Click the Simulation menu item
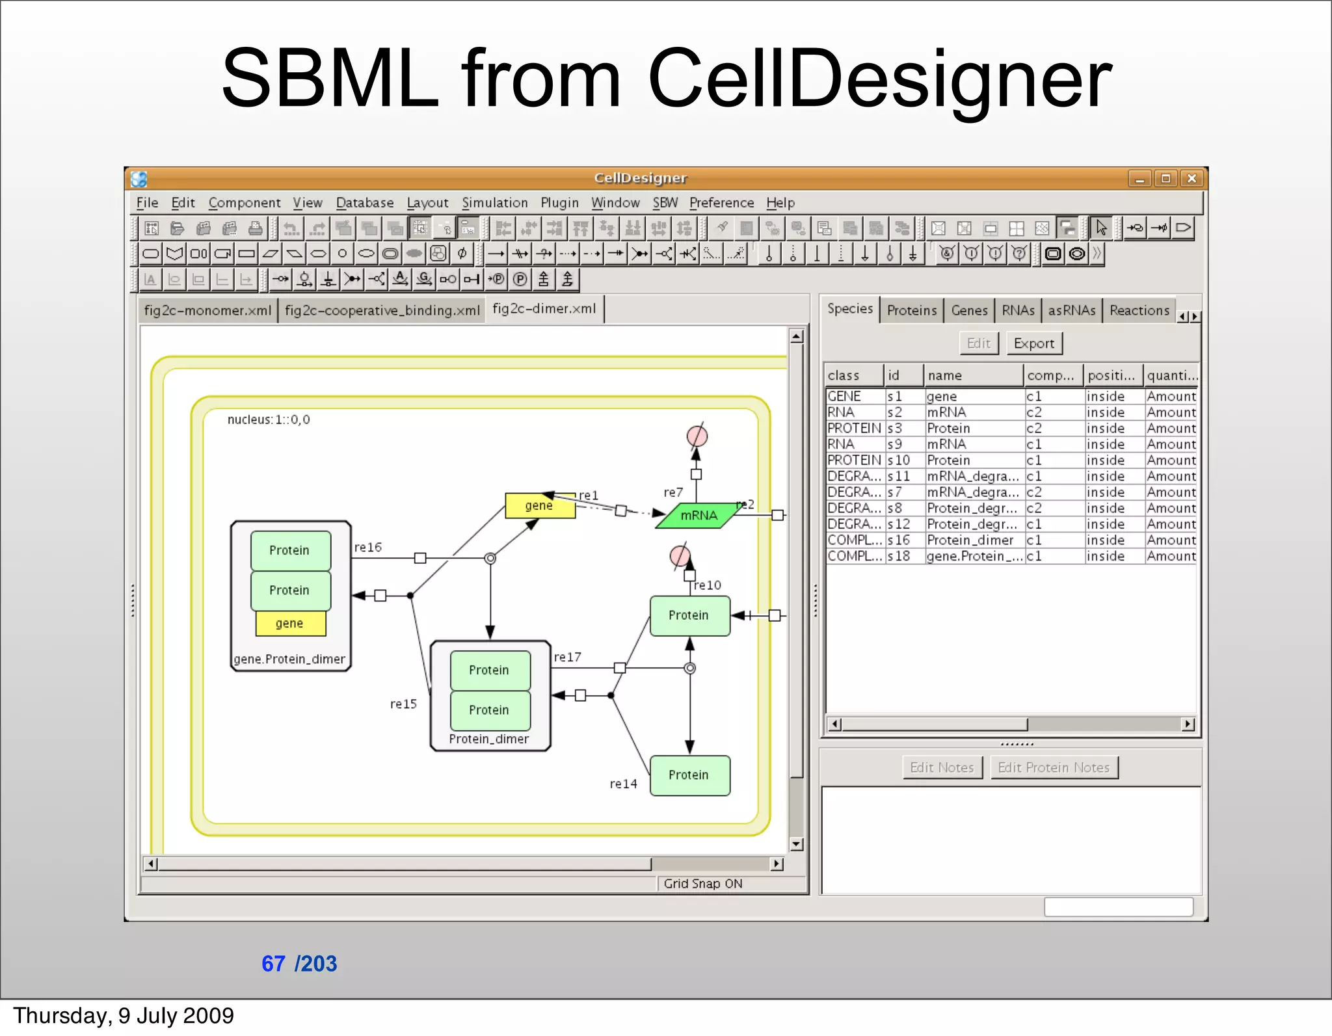coord(494,203)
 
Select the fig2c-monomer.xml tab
coord(207,310)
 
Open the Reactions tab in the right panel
coord(1139,310)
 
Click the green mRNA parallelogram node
coord(699,516)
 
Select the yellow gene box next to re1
coord(539,506)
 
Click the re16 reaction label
coord(367,548)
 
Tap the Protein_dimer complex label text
coord(489,739)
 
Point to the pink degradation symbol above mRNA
coord(697,436)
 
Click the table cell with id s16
coord(899,540)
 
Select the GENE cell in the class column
coord(844,397)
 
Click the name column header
coord(945,375)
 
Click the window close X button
coord(1192,178)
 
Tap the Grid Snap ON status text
coord(702,884)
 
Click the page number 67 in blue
coord(273,963)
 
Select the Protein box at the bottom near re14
coord(689,775)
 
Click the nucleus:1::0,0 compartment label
coord(269,420)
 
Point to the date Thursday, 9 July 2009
coord(124,1016)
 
